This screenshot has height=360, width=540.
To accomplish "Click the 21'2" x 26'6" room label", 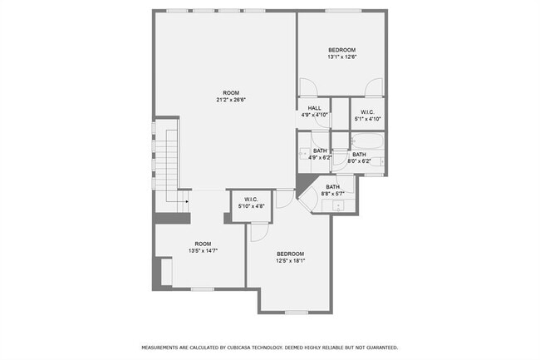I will coord(231,96).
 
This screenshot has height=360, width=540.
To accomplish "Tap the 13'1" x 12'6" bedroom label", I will coord(341,54).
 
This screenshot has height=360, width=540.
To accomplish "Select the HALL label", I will coord(314,112).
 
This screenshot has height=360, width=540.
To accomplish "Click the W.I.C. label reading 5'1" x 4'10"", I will coord(366,116).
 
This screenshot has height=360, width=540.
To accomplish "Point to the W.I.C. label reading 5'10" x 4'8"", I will coord(252,202).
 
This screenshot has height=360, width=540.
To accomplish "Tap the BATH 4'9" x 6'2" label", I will coord(320,154).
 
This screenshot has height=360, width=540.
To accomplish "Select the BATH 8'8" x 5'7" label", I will coord(332,190).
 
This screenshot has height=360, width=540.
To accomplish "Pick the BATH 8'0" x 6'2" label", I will coord(359,157).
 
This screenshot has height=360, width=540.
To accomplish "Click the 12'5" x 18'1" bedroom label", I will coord(291,257).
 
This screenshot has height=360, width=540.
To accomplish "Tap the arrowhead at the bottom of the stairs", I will coord(188,200).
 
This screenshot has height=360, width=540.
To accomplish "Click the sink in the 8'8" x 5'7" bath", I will coord(339,205).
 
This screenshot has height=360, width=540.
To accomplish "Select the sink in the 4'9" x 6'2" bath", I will coord(303,155).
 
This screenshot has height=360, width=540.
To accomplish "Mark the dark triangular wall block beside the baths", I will coord(304,183).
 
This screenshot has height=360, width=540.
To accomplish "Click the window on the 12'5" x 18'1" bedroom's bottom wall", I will coord(297,313).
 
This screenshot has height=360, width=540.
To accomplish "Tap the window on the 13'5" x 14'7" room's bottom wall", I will coord(203,289).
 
